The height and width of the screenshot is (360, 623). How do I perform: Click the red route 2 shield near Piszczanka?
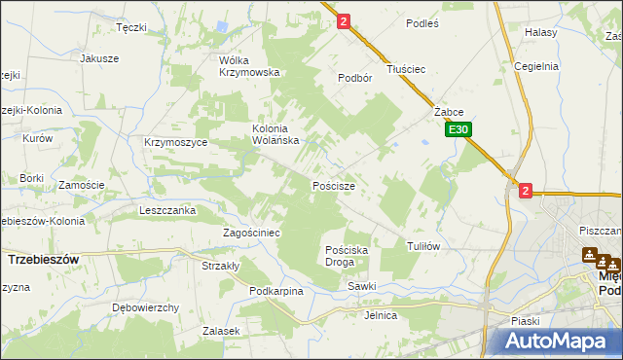tap(526, 192)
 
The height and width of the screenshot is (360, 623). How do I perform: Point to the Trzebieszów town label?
tap(43, 260)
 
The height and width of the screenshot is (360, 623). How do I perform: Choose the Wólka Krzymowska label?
tap(249, 65)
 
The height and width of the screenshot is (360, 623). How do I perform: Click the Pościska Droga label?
tap(346, 256)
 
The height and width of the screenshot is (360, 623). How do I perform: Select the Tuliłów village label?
tap(423, 246)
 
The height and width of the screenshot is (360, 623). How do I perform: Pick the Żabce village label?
tap(448, 112)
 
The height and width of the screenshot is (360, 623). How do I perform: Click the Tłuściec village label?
tap(407, 69)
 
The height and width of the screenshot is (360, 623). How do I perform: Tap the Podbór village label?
tap(355, 78)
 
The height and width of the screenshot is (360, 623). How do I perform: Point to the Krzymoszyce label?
tap(175, 142)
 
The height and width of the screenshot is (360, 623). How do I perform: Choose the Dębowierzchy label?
tap(146, 307)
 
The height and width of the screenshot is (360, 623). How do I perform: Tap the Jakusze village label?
tap(99, 57)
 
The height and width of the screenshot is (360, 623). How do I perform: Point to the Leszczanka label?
tap(167, 210)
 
